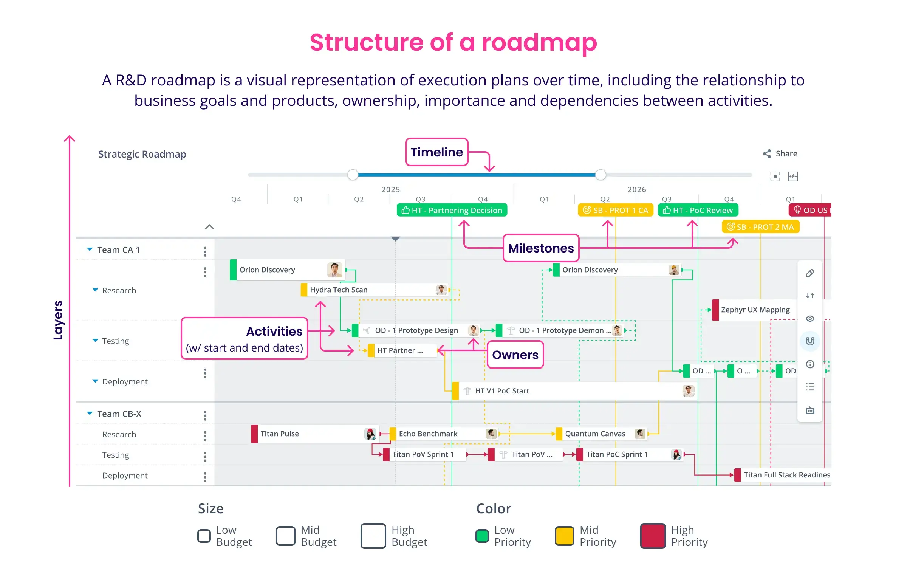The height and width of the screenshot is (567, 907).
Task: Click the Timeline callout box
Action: [436, 152]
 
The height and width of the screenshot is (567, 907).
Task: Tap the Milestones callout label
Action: [541, 248]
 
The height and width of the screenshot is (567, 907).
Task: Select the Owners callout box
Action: [515, 355]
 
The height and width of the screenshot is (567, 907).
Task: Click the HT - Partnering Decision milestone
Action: [452, 210]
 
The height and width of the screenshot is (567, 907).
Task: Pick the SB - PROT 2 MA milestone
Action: [760, 227]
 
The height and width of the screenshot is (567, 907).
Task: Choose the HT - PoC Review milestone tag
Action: [698, 210]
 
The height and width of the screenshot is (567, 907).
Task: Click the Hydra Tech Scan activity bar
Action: [374, 290]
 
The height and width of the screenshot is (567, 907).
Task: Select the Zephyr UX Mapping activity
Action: [755, 310]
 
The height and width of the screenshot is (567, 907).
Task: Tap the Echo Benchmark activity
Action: [442, 434]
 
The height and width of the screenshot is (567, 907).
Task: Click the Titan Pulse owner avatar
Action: [370, 434]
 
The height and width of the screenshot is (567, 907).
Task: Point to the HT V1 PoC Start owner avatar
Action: [688, 391]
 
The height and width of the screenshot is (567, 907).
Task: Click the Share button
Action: [780, 153]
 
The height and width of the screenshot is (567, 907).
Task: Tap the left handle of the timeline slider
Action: [353, 175]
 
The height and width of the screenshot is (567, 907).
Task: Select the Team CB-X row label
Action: [119, 414]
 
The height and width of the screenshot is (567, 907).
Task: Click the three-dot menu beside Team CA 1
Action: [205, 251]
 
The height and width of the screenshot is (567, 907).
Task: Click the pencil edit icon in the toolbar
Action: [810, 273]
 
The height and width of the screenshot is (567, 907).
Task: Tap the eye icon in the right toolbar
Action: [810, 319]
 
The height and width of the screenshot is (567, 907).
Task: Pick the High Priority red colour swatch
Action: [653, 536]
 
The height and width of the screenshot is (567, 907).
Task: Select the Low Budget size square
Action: [204, 536]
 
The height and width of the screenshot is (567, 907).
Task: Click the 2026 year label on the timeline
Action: [637, 189]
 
